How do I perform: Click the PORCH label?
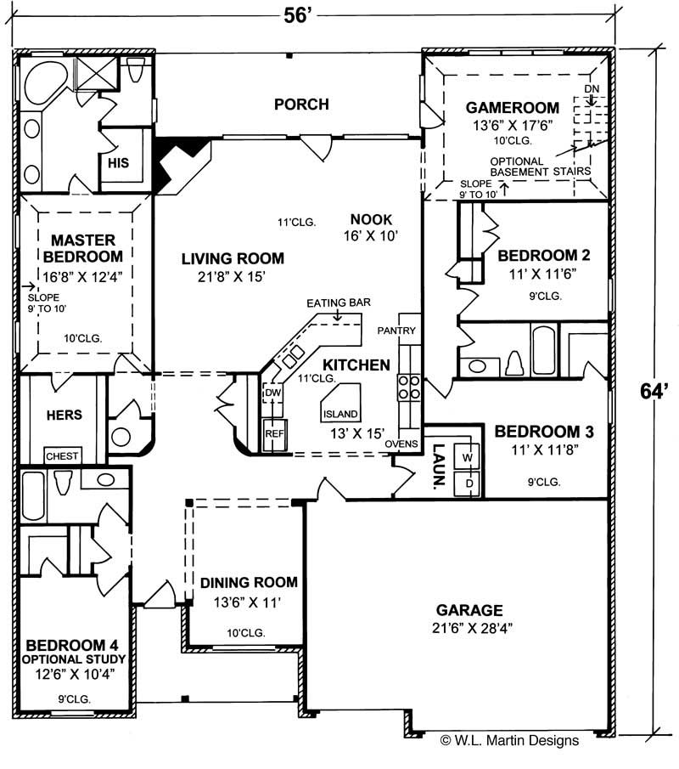pos(301,105)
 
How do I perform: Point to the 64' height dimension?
pos(651,392)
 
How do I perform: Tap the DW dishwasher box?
pos(272,393)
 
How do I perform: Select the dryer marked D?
pos(468,483)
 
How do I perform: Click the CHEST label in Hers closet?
pos(62,456)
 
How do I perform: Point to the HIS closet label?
pos(118,162)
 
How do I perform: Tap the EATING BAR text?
pos(339,303)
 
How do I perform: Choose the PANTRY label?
pos(395,329)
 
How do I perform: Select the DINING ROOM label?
pos(249,582)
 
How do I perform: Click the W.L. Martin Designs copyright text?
pos(509,740)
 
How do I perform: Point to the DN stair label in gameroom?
pos(592,88)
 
